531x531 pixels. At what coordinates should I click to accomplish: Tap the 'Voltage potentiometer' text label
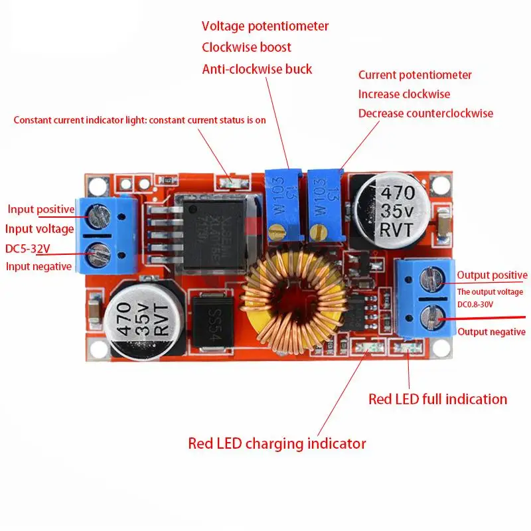pyautogui.click(x=265, y=27)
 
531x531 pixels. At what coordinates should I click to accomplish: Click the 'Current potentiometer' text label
pyautogui.click(x=415, y=75)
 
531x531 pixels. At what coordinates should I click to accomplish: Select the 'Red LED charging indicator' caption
pyautogui.click(x=277, y=443)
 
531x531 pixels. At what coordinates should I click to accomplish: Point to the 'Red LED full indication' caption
pyautogui.click(x=437, y=399)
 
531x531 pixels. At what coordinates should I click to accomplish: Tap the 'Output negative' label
pyautogui.click(x=491, y=332)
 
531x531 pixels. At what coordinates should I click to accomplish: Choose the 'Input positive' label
pyautogui.click(x=41, y=209)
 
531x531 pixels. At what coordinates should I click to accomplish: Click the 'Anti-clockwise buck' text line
pyautogui.click(x=257, y=69)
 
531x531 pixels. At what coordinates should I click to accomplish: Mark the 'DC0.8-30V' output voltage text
pyautogui.click(x=475, y=303)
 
